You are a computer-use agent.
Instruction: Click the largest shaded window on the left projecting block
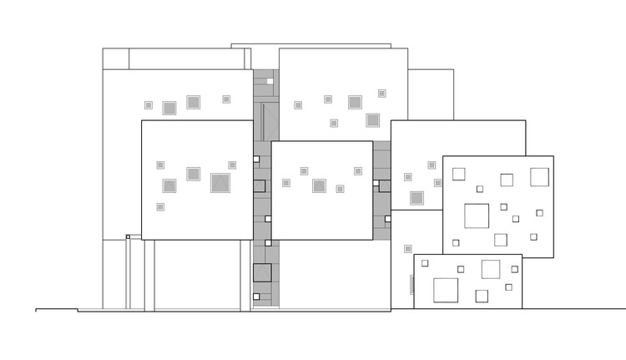click(x=220, y=183)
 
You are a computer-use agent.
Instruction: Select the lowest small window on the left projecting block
click(x=160, y=206)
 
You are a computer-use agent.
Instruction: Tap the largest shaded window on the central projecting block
click(x=319, y=185)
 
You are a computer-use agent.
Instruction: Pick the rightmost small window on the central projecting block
click(x=358, y=171)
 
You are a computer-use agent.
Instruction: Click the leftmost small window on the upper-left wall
click(x=149, y=105)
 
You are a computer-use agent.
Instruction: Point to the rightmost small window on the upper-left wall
click(x=226, y=99)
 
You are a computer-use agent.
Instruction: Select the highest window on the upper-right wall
click(x=382, y=94)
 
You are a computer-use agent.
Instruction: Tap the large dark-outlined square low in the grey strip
click(x=262, y=273)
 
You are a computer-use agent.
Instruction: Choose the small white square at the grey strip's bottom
click(x=257, y=296)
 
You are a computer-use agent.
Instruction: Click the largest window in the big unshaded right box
click(x=477, y=215)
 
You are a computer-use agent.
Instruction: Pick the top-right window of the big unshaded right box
click(x=539, y=176)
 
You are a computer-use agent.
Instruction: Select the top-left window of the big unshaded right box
click(x=457, y=174)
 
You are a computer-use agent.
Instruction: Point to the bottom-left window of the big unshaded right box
click(x=456, y=242)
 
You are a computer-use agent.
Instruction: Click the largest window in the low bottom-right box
click(x=446, y=290)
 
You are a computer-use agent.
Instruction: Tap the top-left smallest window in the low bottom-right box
click(x=425, y=263)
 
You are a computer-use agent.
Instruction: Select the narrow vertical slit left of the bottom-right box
click(x=411, y=283)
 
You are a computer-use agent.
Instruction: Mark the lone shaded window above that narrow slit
click(x=407, y=248)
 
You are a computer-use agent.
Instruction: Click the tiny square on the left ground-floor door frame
click(x=128, y=237)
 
